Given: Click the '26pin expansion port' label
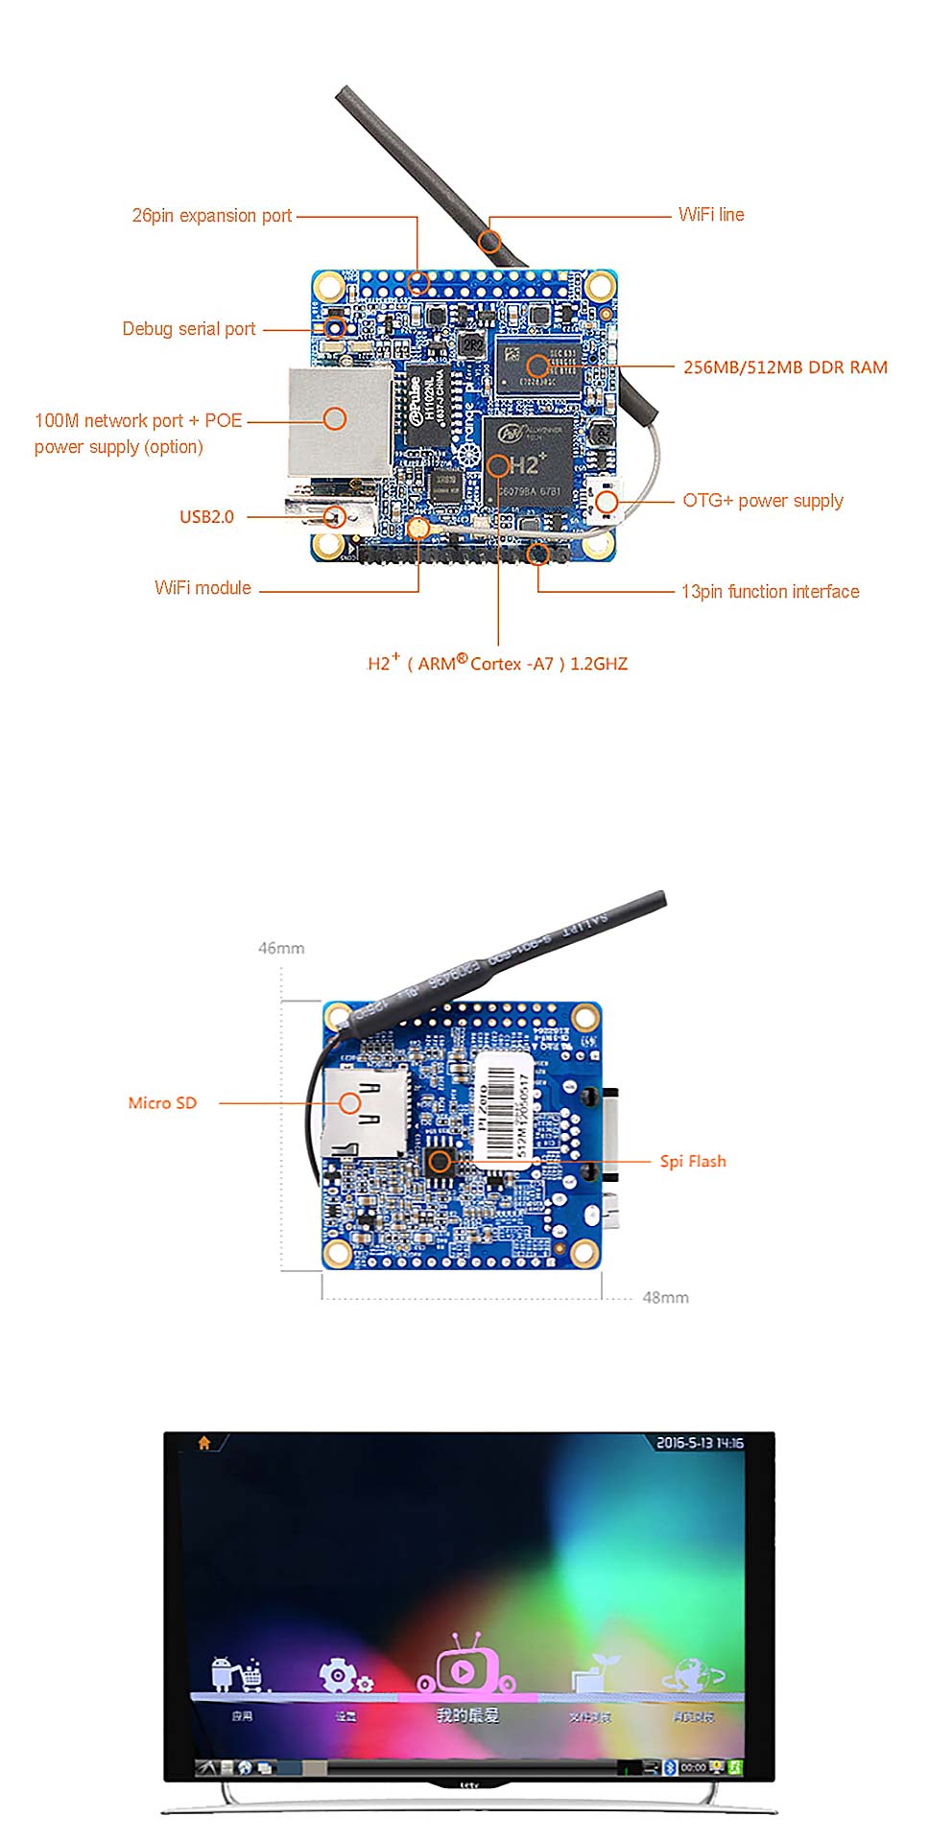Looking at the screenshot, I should coord(211,216).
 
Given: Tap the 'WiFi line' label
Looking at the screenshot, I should coord(711,215).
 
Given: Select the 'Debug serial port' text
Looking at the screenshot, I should coord(188,329).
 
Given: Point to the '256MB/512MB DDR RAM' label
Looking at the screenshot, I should coord(785,367).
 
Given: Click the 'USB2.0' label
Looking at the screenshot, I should coord(206,517).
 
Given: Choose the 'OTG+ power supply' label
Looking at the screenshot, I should coord(763,501).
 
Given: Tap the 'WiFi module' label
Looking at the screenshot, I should coord(202,588).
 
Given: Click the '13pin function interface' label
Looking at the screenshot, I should coord(770,592).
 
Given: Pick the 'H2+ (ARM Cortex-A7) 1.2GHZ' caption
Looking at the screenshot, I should coord(497,663).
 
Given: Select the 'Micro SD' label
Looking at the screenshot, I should coord(162,1103).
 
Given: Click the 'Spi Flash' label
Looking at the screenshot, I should coord(693,1162).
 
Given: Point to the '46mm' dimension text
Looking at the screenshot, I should coord(281,948).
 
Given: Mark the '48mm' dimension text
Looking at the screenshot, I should coord(665,1298).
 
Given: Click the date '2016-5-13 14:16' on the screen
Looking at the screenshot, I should coord(700,1443).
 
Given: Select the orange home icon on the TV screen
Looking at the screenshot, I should coord(204,1442).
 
